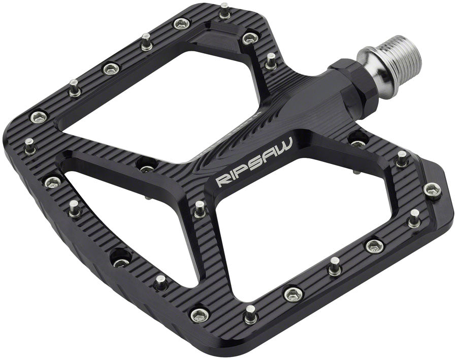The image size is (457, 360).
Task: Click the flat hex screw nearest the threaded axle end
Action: pyautogui.click(x=250, y=37)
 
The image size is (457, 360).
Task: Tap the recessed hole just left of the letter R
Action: pyautogui.click(x=146, y=165)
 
